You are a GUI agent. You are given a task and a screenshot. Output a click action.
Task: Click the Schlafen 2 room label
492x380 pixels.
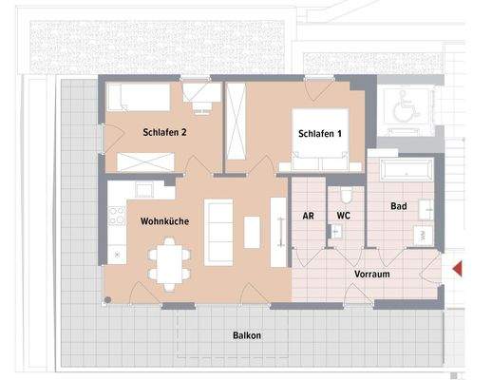[x=164, y=133]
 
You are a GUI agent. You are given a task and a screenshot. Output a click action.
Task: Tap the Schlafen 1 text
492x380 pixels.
[x=314, y=134]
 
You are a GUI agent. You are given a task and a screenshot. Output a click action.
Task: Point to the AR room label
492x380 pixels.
[x=308, y=216]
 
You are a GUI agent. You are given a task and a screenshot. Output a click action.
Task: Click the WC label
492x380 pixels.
[x=343, y=216]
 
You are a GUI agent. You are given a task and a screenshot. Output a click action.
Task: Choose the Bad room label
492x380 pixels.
[x=400, y=205]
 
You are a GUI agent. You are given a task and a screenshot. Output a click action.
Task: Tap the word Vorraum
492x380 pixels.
[x=372, y=274]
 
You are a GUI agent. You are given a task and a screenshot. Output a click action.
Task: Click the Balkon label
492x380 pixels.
[x=247, y=335]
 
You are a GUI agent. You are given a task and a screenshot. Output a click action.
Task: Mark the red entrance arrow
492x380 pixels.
[x=458, y=270]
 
